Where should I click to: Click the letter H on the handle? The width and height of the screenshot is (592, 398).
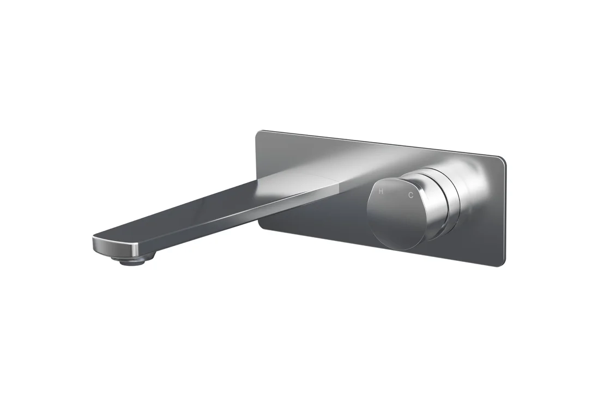(381, 192)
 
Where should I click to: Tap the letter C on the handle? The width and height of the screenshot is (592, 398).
(411, 195)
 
